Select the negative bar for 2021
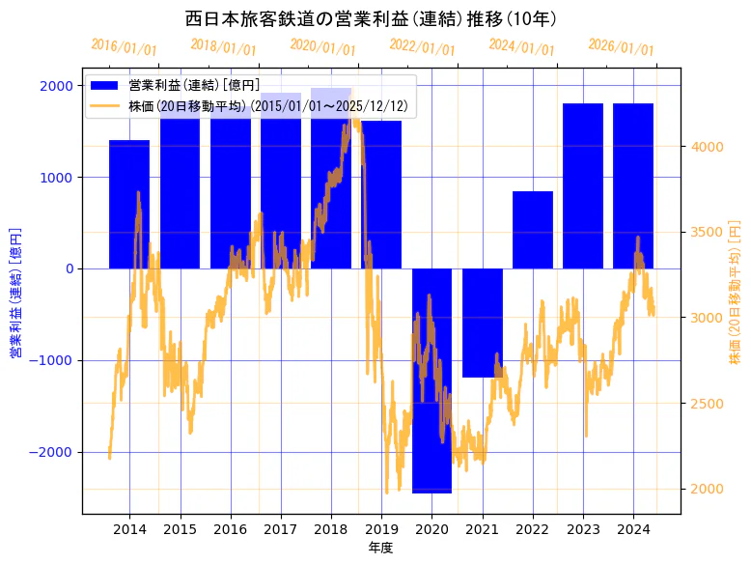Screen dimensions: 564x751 (482, 323)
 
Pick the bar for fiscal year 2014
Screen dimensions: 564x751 (129, 204)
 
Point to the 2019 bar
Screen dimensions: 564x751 (381, 194)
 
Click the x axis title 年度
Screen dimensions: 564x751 (380, 548)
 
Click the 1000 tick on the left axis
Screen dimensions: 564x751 (57, 177)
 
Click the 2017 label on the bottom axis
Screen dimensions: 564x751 (280, 529)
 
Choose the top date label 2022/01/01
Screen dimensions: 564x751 (422, 46)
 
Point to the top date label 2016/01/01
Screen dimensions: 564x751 (124, 46)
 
